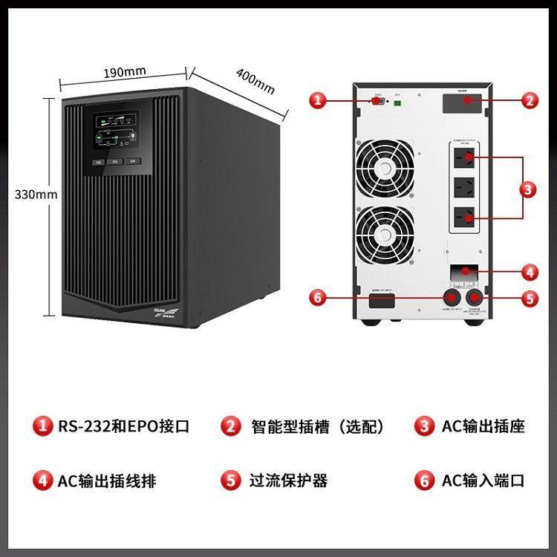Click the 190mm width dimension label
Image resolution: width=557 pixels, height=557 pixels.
124,73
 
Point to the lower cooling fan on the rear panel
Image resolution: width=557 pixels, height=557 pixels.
384,232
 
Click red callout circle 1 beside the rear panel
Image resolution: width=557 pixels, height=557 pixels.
318,101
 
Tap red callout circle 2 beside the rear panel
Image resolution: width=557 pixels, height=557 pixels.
529,101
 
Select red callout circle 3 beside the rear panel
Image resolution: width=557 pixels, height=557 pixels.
528,189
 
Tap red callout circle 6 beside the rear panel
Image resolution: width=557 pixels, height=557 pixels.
318,298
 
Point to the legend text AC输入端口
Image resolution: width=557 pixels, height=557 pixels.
483,481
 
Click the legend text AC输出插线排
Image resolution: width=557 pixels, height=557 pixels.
108,481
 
